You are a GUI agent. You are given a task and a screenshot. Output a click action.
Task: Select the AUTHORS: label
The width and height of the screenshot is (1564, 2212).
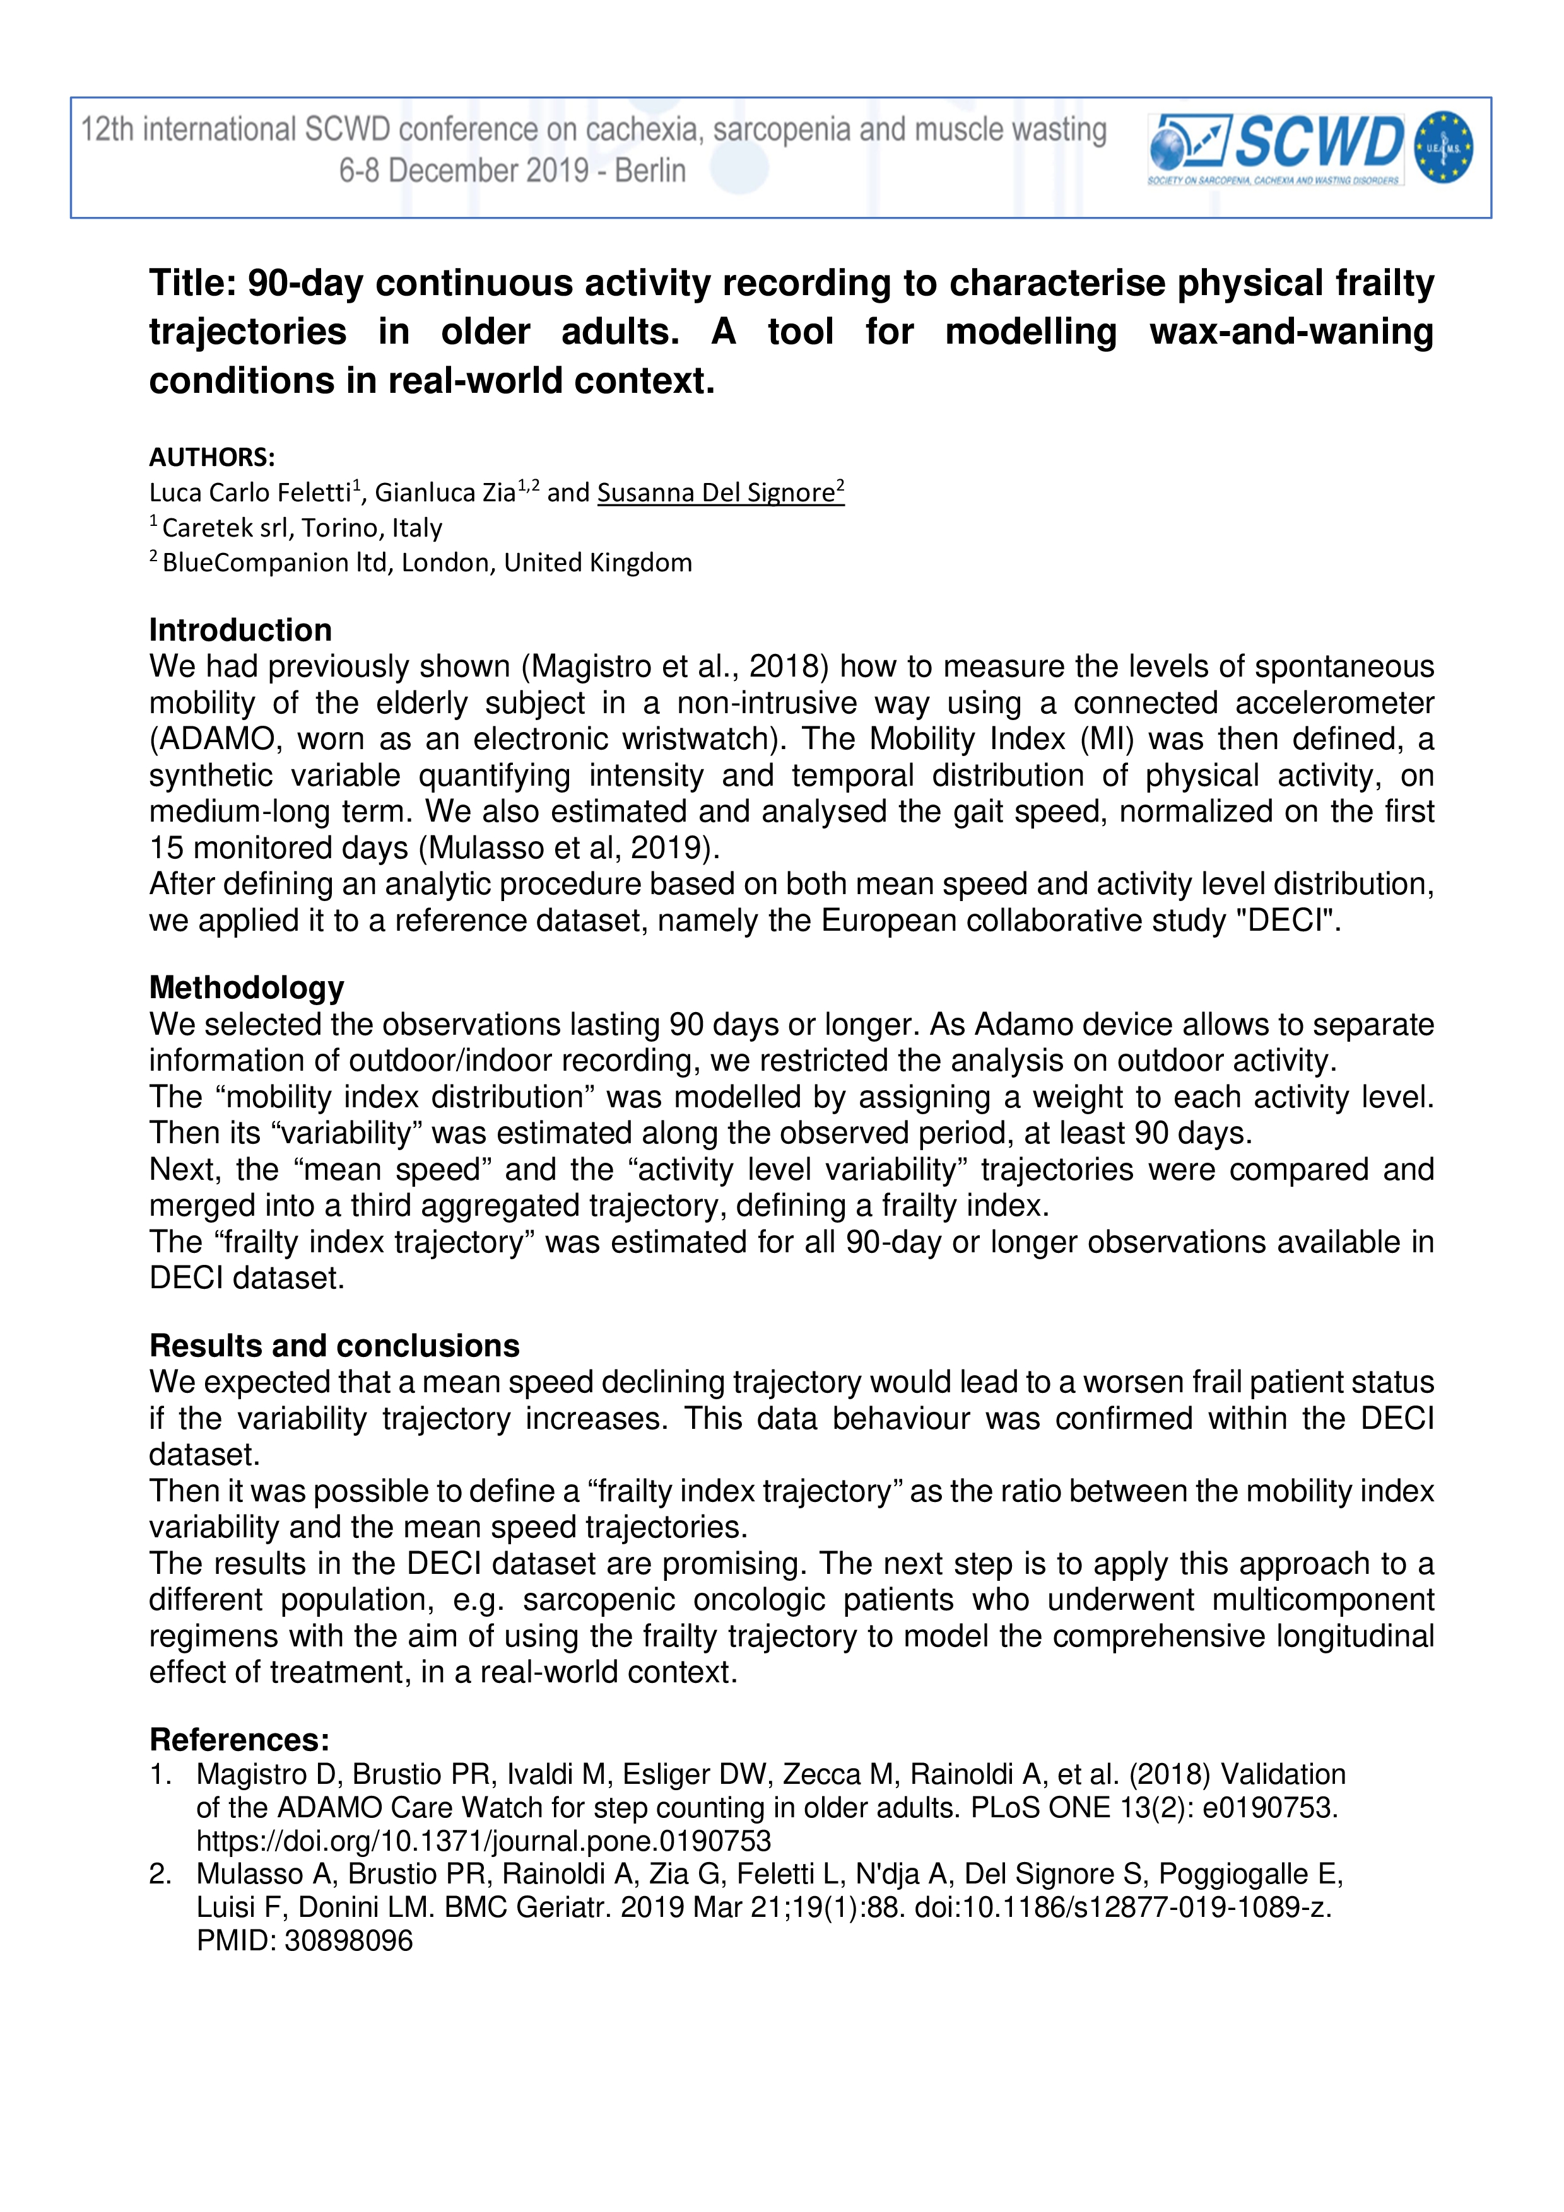(212, 457)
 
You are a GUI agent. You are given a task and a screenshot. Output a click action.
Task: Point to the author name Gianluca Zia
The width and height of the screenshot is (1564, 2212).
(445, 493)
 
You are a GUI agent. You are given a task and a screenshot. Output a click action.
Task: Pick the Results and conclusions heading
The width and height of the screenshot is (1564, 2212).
(334, 1345)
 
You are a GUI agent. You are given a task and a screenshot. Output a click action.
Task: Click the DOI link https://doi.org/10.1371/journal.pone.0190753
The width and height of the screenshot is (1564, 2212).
(484, 1841)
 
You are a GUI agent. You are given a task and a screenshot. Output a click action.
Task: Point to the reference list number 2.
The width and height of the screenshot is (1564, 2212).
(160, 1875)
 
